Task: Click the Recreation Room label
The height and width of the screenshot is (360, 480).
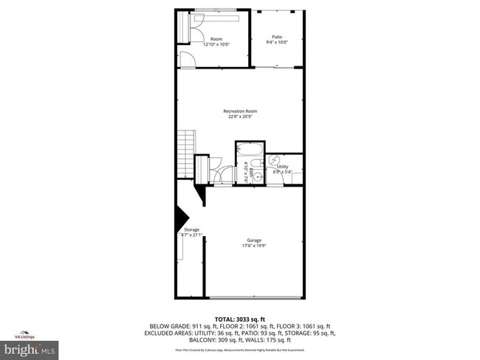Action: click(x=239, y=111)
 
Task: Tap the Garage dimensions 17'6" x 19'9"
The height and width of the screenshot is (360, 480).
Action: click(x=253, y=245)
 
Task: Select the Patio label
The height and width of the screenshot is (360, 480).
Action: click(x=277, y=37)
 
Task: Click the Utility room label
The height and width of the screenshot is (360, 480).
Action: click(x=283, y=167)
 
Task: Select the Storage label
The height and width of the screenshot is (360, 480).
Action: click(x=191, y=229)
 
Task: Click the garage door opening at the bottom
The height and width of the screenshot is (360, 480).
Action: click(x=253, y=297)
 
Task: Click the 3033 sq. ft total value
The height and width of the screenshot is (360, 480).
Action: click(x=256, y=318)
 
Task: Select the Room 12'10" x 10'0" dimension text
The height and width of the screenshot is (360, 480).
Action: click(x=216, y=44)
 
